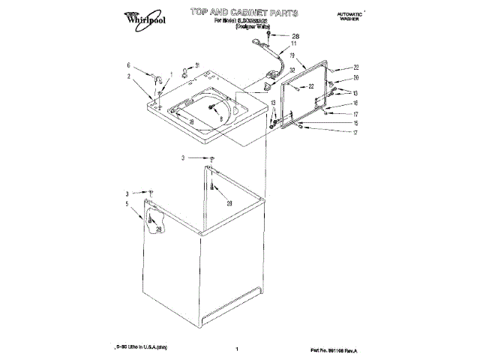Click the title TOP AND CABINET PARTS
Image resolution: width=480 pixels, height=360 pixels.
pos(244,13)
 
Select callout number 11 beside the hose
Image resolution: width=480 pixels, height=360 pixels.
pos(294,45)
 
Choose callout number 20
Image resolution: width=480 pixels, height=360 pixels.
pos(357,78)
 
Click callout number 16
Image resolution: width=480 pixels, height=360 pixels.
pos(357,103)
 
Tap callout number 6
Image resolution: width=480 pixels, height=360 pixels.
pos(128,65)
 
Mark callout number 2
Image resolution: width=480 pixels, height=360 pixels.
pos(128,76)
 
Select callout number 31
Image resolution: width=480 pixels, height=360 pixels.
pos(196,64)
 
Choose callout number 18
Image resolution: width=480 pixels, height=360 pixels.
pos(191,122)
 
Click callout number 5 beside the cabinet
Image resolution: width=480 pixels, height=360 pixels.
pos(127,203)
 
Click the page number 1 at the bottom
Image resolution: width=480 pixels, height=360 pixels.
pos(236,349)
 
